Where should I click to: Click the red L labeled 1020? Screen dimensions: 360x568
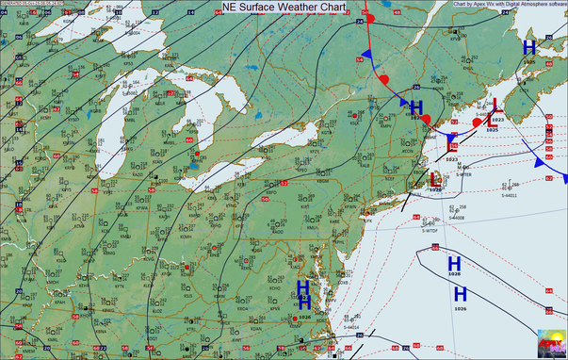coord(434,177)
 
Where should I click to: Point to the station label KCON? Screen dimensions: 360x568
coord(407,151)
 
